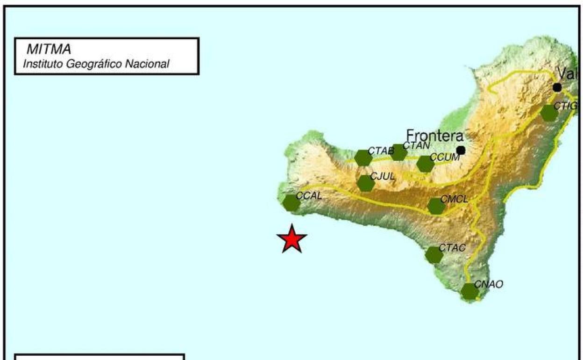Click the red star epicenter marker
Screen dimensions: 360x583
coord(292,239)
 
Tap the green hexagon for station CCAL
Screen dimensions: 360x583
coord(291,203)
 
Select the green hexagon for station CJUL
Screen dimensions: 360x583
coord(365,183)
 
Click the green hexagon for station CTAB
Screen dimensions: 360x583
coord(363,158)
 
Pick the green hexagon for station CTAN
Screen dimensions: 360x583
coord(398,152)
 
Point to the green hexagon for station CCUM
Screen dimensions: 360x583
coord(425,164)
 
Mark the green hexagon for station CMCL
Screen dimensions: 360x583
coord(436,206)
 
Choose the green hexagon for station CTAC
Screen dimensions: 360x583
coord(434,255)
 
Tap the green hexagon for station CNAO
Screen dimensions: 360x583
coord(469,291)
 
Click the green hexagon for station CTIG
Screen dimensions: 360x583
coord(549,113)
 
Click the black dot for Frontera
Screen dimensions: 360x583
coord(461,150)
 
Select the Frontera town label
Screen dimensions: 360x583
coord(434,136)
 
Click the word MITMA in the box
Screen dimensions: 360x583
coord(49,50)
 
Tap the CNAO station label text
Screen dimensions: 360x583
coord(489,284)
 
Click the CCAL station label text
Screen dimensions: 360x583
coord(309,196)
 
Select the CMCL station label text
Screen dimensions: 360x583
coord(454,199)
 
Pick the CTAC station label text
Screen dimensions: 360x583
coord(452,248)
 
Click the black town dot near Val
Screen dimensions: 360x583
coord(557,87)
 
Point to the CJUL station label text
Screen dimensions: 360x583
coord(383,176)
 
